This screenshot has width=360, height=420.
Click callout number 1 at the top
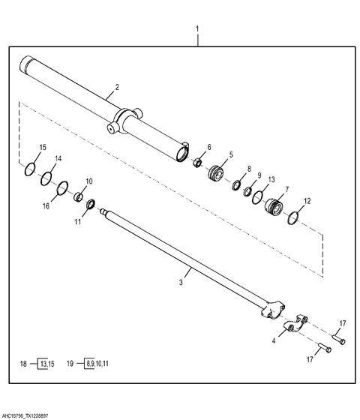pos(198,28)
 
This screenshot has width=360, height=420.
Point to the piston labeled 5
pos(216,173)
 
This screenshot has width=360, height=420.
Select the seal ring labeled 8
pos(236,186)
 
